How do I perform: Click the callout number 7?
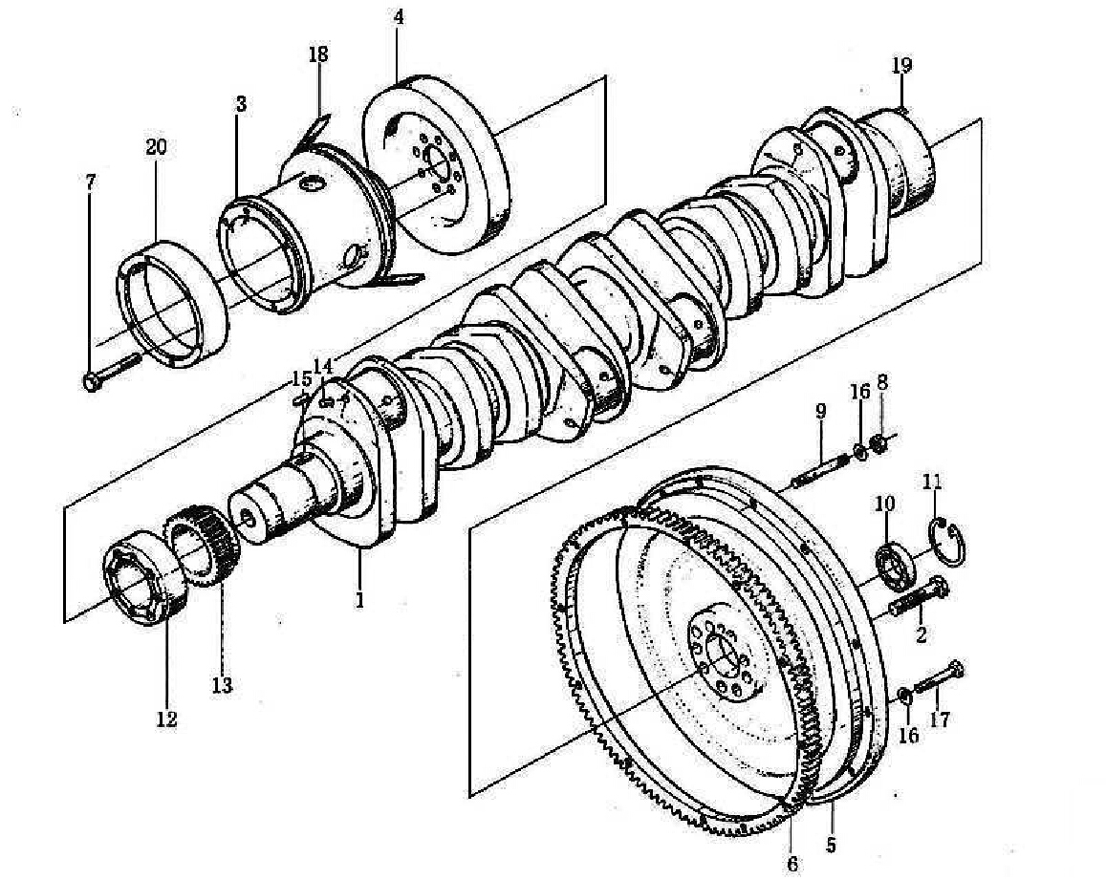pos(90,182)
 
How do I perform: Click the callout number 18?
pos(317,54)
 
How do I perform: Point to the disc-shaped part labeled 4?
pos(435,169)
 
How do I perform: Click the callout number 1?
pos(360,600)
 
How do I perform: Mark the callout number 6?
pos(792,864)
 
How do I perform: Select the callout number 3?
pos(240,104)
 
